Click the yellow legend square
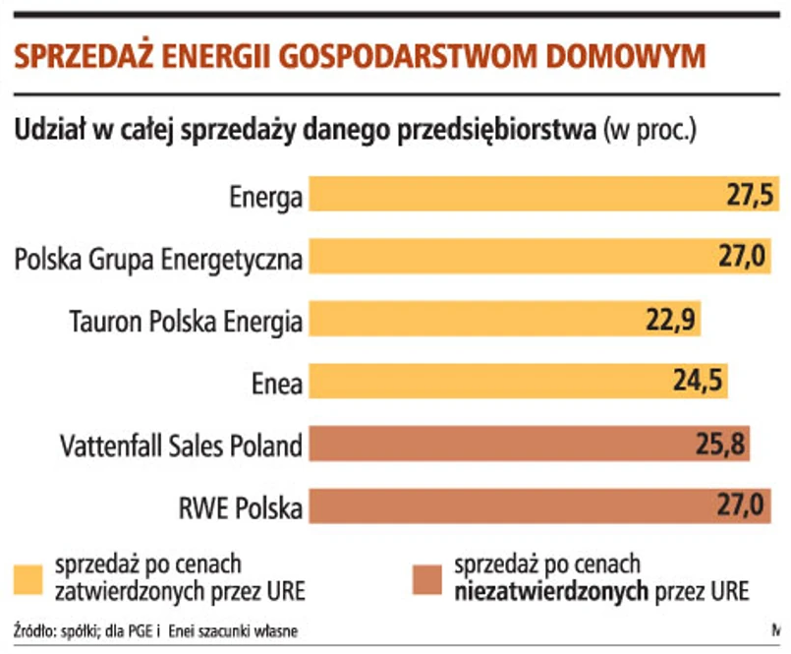click(x=28, y=581)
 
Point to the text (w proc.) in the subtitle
click(x=650, y=130)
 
